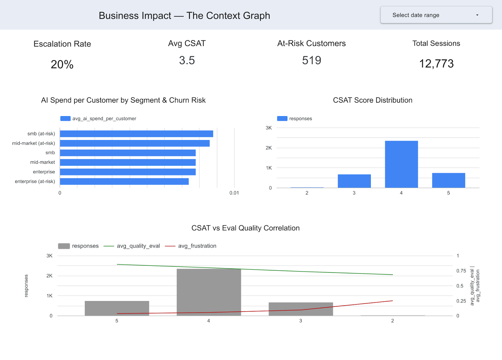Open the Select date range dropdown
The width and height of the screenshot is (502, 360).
[x=436, y=15]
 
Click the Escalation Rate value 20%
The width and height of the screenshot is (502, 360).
[x=62, y=64]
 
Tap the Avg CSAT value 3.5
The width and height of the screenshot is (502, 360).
[x=187, y=60]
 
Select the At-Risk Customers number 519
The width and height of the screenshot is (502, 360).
[x=312, y=60]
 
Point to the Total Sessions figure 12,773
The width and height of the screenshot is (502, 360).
[x=436, y=64]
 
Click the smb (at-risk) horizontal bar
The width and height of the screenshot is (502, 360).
[x=136, y=134]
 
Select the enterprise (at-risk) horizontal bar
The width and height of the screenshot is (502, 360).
[x=124, y=181]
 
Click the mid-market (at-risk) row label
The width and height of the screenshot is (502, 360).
[x=34, y=143]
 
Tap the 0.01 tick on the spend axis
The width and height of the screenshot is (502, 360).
[x=234, y=193]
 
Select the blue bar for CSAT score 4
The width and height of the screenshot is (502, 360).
[x=401, y=164]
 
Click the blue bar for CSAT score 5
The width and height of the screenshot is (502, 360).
[x=448, y=180]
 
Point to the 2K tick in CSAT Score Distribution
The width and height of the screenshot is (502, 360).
[x=269, y=148]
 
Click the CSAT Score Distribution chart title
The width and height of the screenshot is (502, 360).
[x=372, y=100]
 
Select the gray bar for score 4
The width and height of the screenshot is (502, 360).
[x=209, y=292]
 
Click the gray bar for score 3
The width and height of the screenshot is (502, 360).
[x=301, y=309]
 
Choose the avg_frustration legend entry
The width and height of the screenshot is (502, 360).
[x=197, y=246]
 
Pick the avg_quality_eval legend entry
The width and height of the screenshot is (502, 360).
[x=138, y=246]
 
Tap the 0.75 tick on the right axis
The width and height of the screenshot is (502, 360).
[x=461, y=271]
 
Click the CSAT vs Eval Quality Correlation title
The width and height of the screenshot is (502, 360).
[x=245, y=228]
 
